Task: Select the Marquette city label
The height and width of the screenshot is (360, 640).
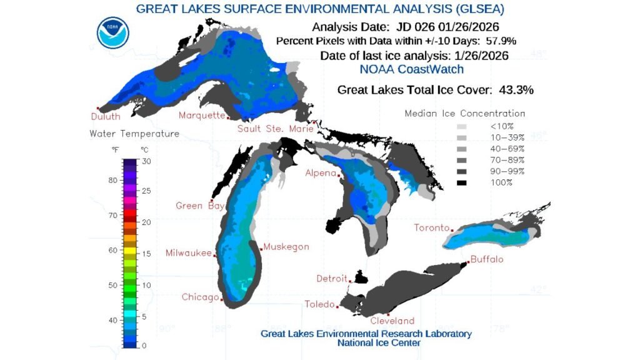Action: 201,116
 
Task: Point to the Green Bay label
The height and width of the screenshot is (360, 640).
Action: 197,206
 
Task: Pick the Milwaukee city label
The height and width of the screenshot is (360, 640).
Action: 188,253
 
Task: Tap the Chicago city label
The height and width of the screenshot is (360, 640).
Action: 200,297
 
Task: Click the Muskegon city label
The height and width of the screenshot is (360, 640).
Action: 286,247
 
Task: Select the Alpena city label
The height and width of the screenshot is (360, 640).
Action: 321,172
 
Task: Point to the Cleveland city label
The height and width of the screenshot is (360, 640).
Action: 392,321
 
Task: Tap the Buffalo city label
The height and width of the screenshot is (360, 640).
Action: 487,259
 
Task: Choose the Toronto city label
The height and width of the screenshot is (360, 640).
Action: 432,228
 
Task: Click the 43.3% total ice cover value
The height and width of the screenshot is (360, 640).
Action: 516,89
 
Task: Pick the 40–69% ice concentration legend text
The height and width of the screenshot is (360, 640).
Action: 507,149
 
